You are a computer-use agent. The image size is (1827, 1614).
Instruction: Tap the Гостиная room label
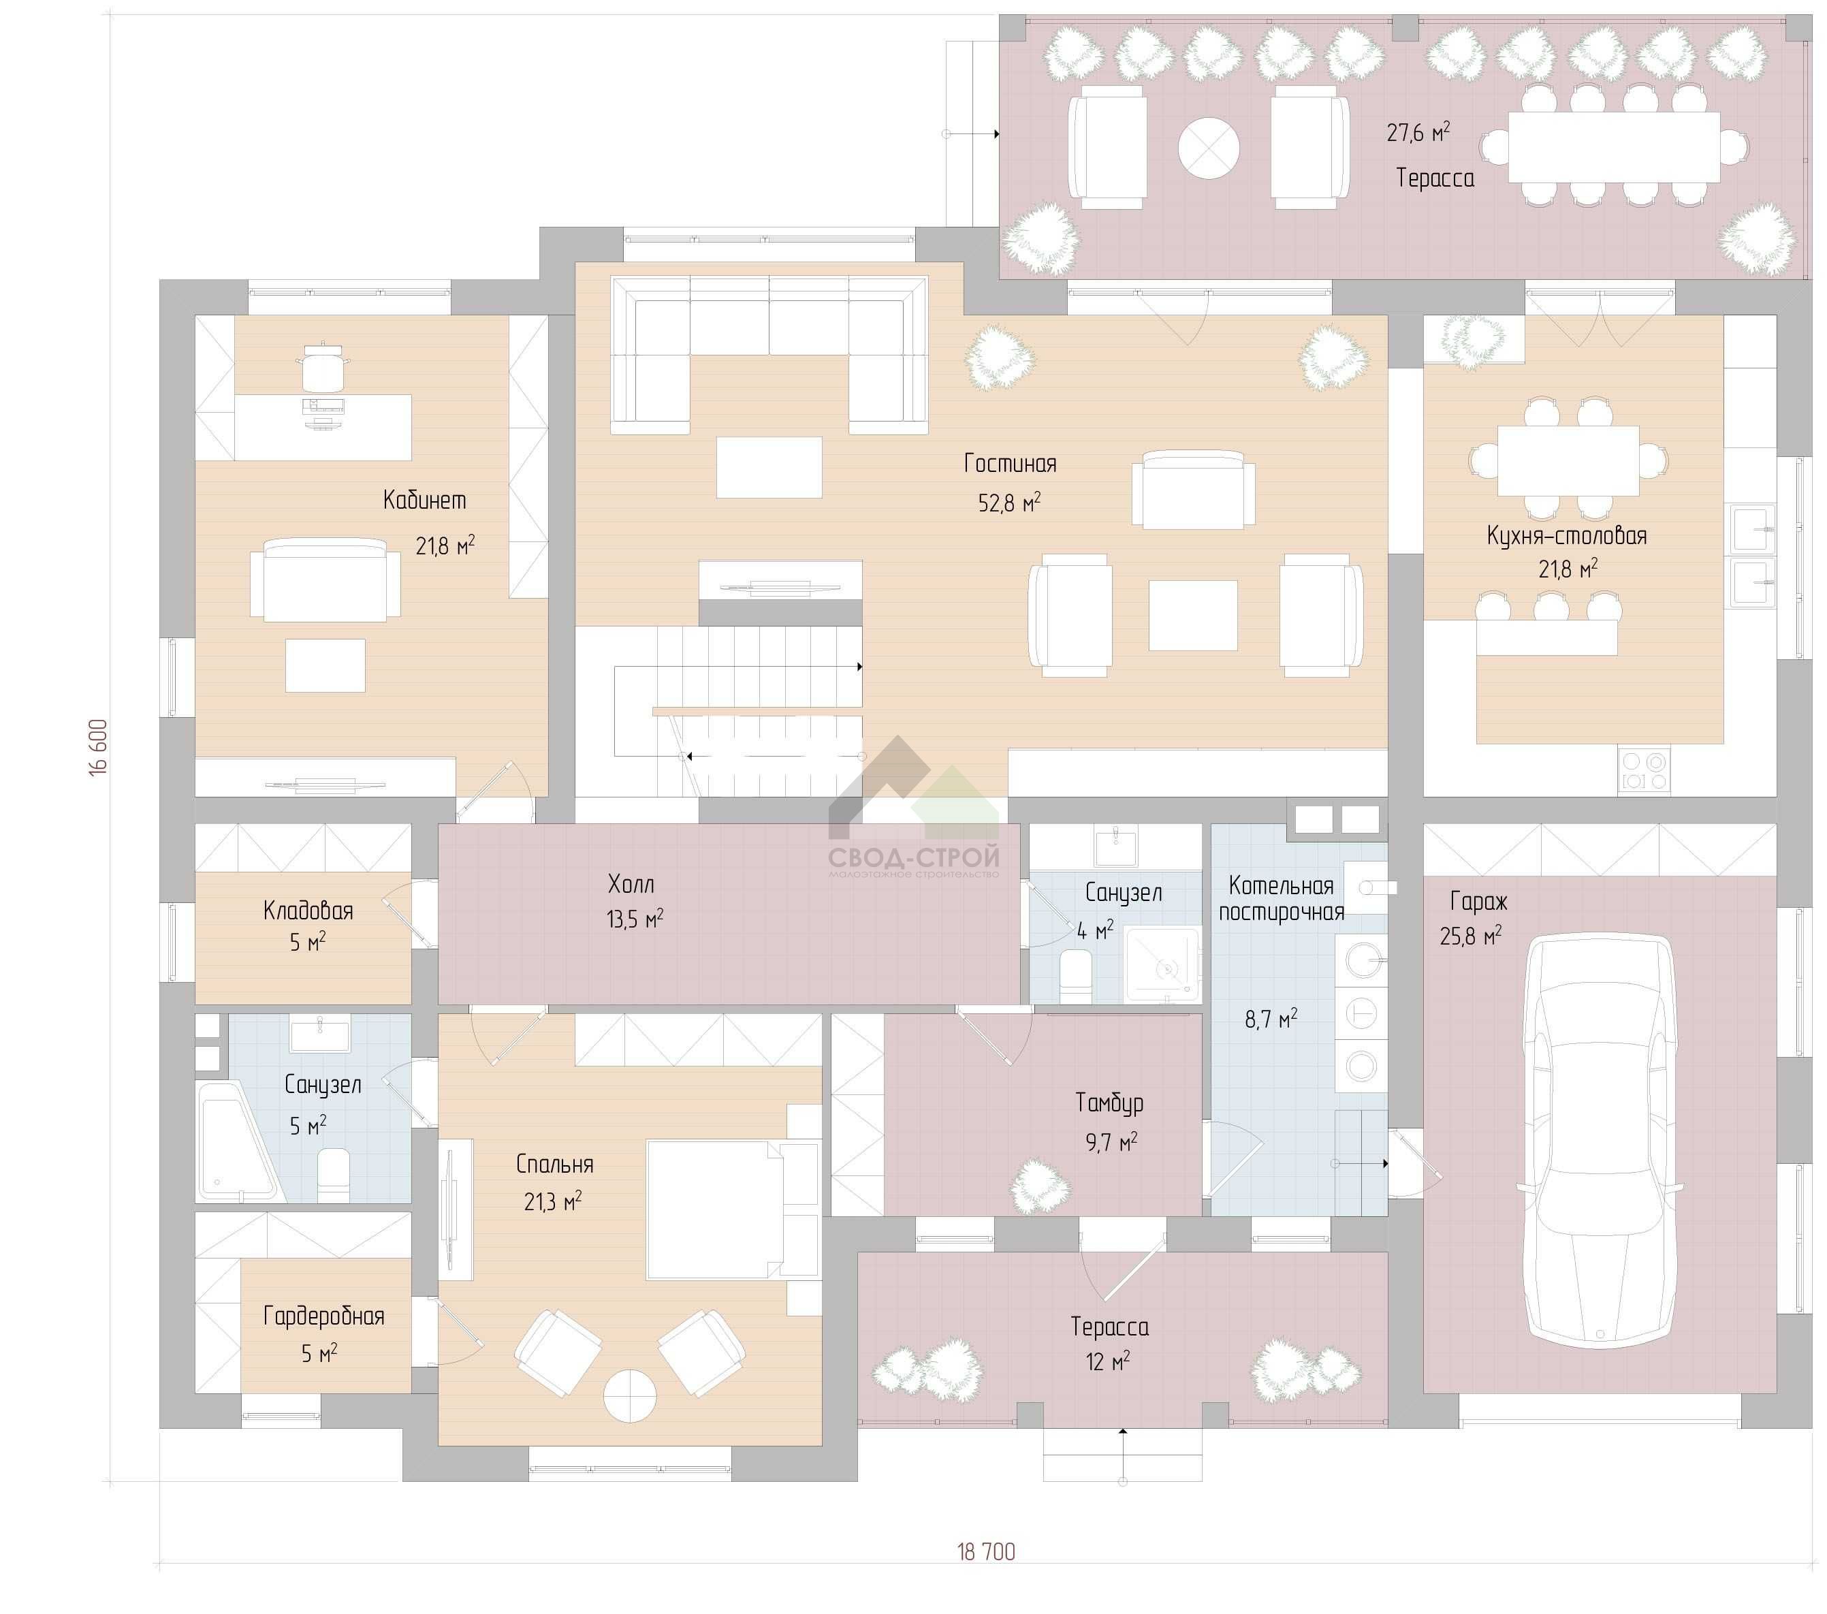pyautogui.click(x=1010, y=464)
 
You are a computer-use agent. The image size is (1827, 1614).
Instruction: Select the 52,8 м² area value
pyautogui.click(x=1010, y=503)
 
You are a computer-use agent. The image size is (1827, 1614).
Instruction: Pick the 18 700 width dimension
pyautogui.click(x=987, y=1551)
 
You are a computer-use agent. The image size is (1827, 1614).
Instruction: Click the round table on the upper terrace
pyautogui.click(x=1209, y=148)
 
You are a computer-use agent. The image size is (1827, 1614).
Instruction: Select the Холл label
pyautogui.click(x=631, y=885)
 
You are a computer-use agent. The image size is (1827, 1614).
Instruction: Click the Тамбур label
pyautogui.click(x=1109, y=1104)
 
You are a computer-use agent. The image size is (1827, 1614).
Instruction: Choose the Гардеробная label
pyautogui.click(x=323, y=1316)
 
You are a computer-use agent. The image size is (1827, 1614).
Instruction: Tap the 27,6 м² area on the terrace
pyautogui.click(x=1418, y=132)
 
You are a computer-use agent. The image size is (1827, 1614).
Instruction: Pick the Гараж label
pyautogui.click(x=1478, y=902)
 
